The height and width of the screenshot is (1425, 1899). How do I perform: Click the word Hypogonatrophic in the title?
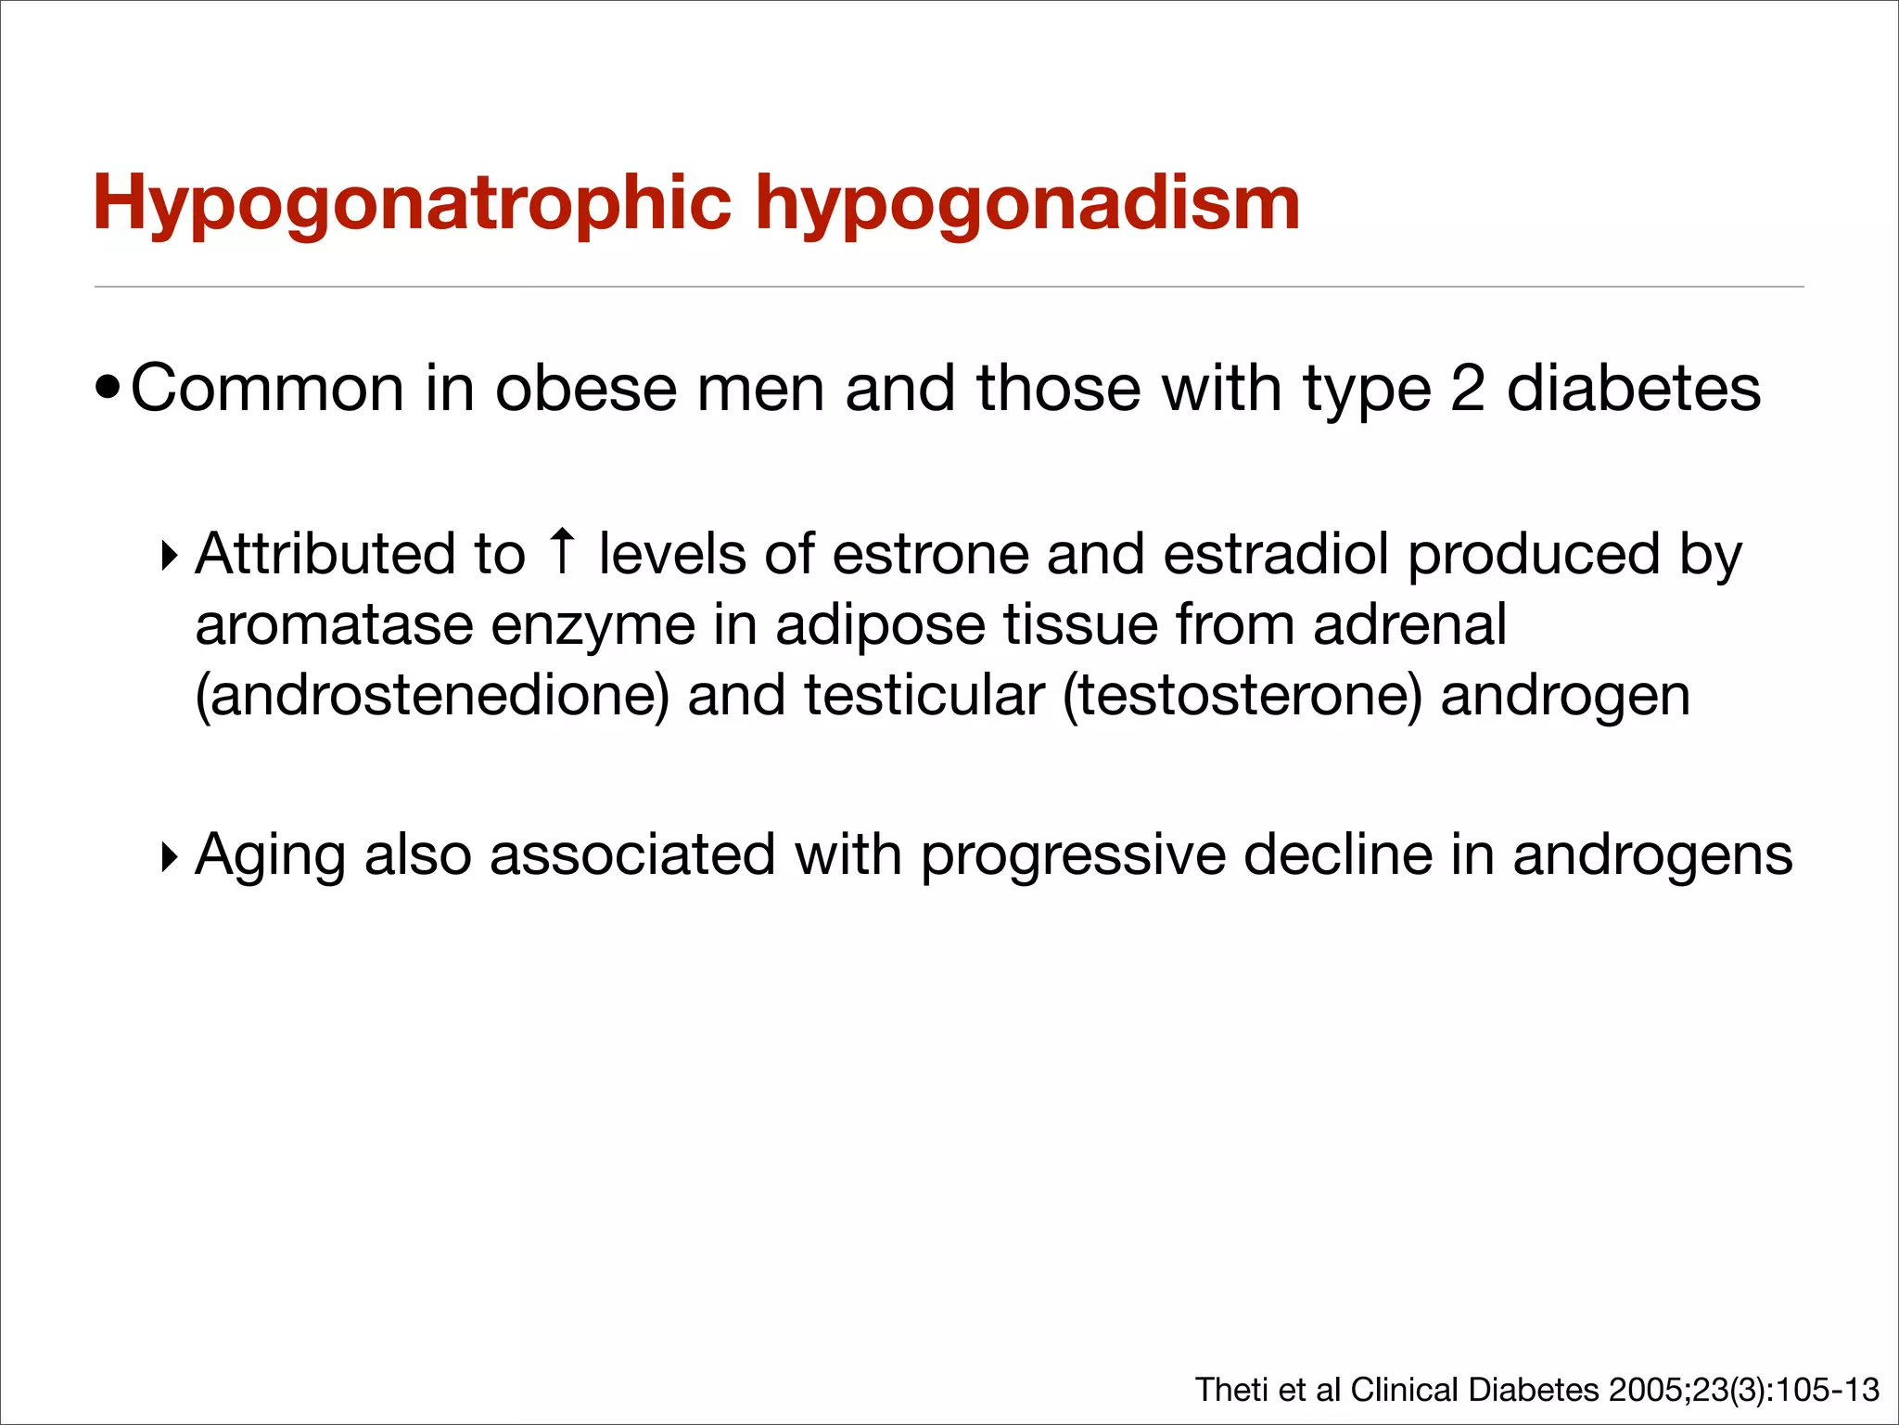tap(412, 204)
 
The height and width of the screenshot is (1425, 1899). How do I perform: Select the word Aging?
tap(269, 856)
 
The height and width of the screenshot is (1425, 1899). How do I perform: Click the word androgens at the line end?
tap(1652, 856)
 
